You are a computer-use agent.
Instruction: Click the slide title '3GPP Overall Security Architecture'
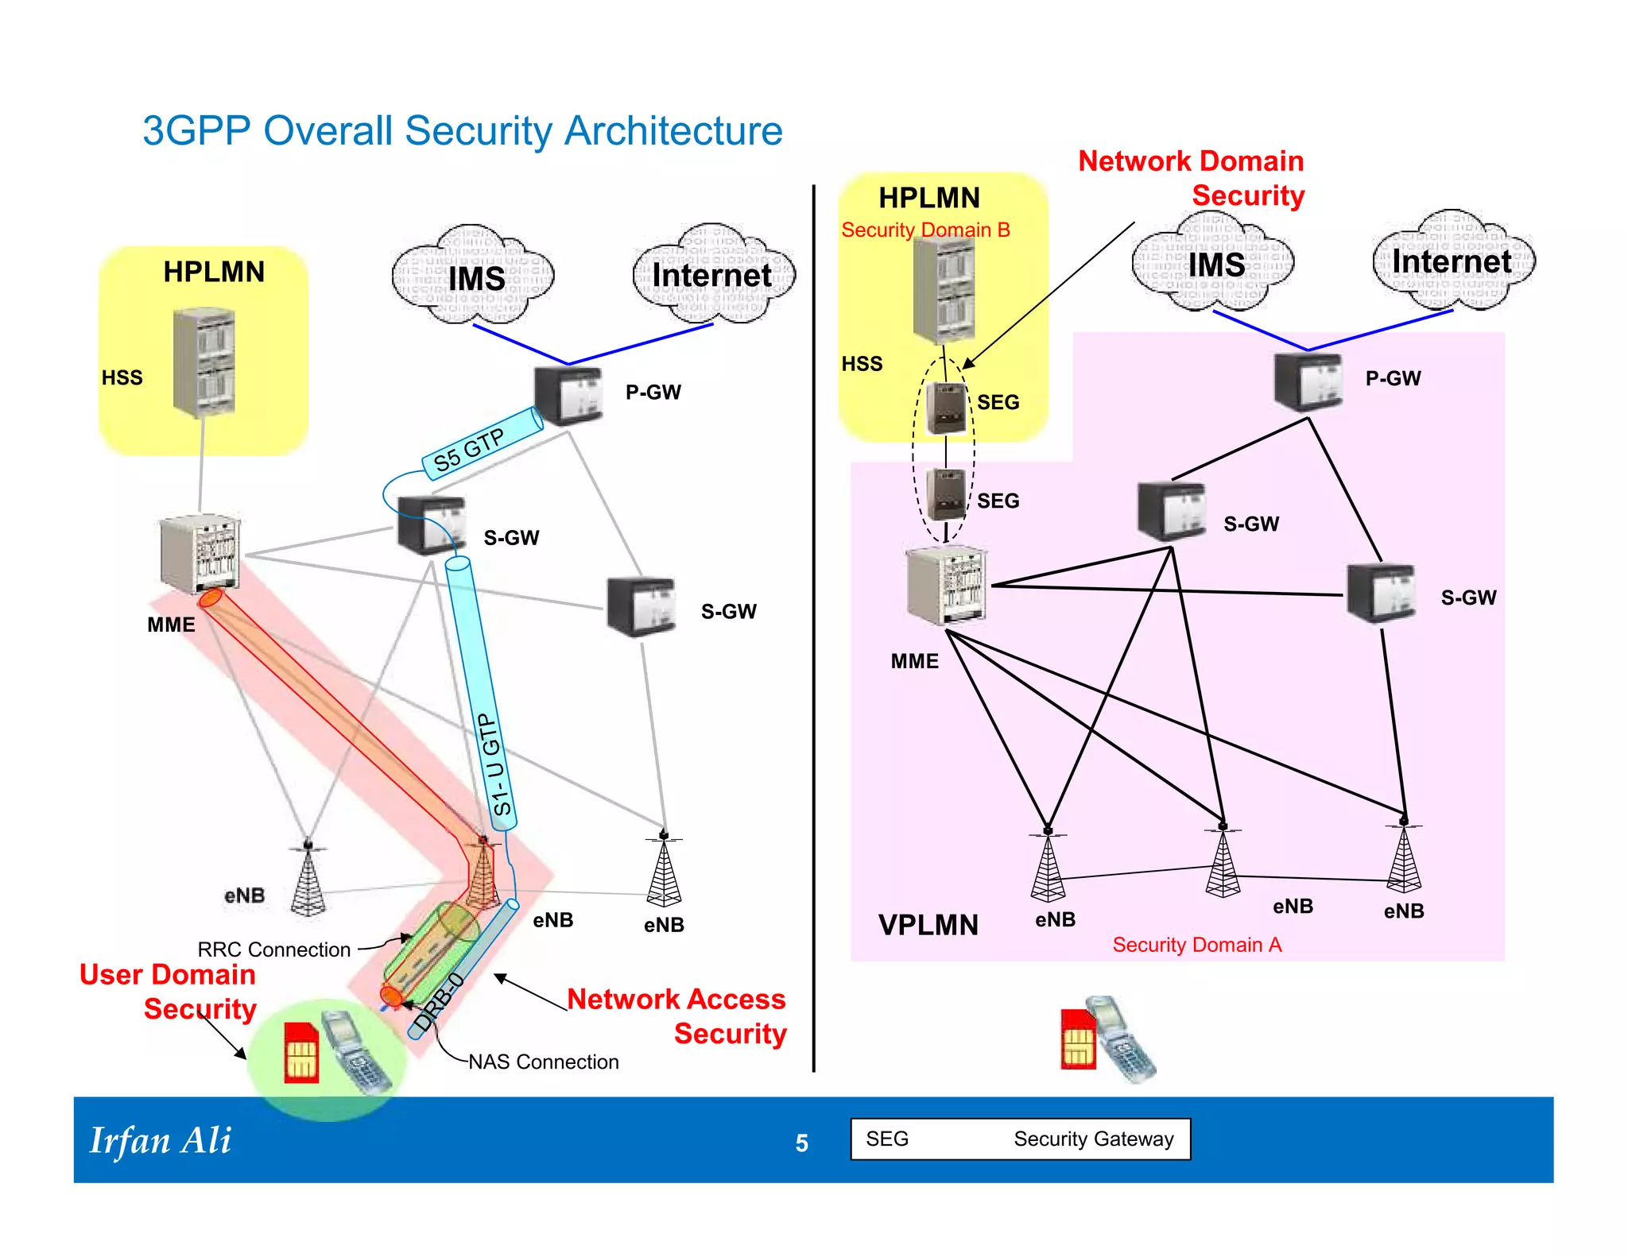463,130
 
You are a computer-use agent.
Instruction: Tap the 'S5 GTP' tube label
469,450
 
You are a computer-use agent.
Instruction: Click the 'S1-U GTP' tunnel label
497,764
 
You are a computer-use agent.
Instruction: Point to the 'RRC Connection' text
273,950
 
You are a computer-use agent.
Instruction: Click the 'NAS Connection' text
543,1062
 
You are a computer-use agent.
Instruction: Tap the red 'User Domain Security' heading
169,992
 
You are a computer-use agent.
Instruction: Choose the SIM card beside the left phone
301,1054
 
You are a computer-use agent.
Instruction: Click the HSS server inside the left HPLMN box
203,363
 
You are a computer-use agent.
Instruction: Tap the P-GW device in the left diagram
568,395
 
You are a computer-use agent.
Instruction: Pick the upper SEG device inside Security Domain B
946,407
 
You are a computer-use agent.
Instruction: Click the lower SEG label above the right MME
998,501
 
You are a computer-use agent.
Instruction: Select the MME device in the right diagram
947,586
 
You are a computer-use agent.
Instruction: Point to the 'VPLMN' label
928,926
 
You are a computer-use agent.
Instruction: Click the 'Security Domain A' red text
1196,945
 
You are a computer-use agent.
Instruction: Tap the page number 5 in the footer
801,1143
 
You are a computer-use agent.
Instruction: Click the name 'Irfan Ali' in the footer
161,1141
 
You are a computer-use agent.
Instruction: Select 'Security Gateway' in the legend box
1093,1139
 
